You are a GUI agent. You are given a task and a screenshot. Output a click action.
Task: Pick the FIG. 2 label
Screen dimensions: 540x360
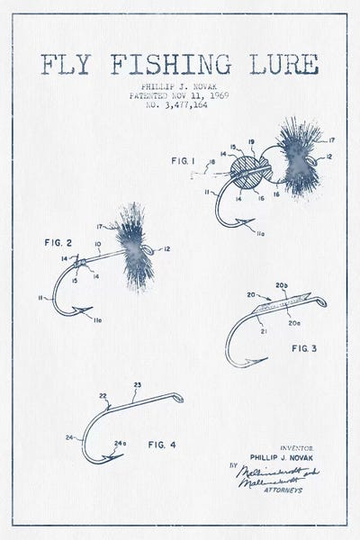58,243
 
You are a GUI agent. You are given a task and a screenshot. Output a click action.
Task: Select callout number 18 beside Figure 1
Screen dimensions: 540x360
211,162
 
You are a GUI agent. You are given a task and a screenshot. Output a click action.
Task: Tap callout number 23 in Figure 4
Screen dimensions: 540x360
137,384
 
